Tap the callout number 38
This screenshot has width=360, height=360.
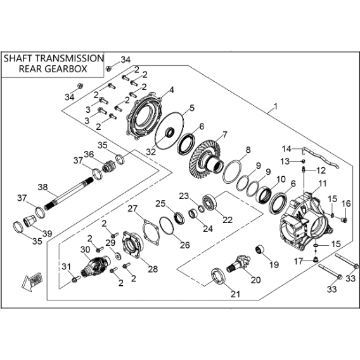click(43, 187)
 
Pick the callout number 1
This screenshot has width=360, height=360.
click(275, 106)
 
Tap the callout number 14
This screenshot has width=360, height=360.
click(286, 149)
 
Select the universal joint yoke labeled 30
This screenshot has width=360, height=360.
click(96, 266)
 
